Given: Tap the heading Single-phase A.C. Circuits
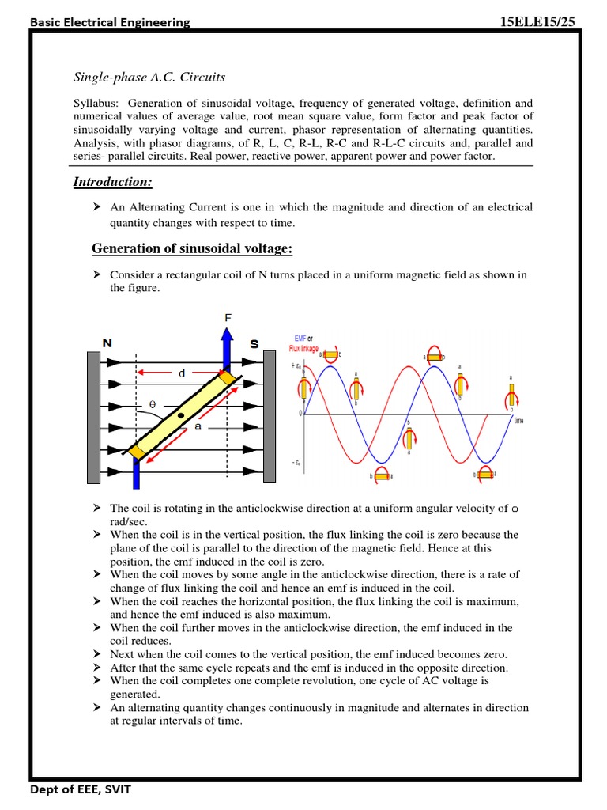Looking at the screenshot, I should tap(149, 77).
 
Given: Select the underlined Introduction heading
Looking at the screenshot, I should tap(112, 182).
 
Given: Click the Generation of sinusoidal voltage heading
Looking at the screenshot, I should tap(192, 249).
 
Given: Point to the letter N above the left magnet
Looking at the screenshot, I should tap(107, 343).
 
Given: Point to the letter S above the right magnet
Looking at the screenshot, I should tap(254, 343).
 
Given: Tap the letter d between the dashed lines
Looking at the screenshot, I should tap(182, 373).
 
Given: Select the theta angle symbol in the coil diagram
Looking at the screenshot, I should tap(153, 404).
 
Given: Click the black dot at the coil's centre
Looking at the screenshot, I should tap(181, 414).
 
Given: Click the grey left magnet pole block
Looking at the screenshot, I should tap(93, 417).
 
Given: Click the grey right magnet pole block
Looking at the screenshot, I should tap(269, 417).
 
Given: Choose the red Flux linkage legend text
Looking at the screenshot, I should tap(303, 347).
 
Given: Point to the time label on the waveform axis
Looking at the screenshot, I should tap(518, 421).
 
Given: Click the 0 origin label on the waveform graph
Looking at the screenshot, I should tap(300, 413).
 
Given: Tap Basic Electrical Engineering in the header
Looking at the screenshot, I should tap(110, 22).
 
